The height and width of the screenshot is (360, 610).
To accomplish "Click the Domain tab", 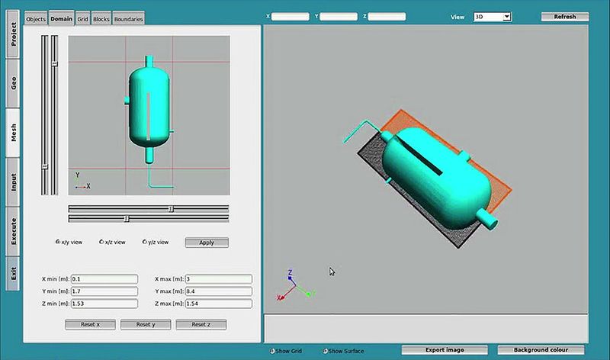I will [x=61, y=18].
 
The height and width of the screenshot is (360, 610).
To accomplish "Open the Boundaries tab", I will [x=128, y=18].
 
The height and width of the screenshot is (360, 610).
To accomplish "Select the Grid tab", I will [x=82, y=18].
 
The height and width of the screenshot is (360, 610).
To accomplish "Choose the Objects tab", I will [x=36, y=18].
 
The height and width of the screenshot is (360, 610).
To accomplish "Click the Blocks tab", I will [x=101, y=18].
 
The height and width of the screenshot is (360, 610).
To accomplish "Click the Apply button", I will [x=206, y=243].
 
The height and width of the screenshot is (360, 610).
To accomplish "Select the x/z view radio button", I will [x=101, y=242].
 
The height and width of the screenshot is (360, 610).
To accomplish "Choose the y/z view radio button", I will [x=144, y=242].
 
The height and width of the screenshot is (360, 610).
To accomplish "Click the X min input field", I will [x=104, y=279].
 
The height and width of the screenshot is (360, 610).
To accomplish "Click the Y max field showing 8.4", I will [x=218, y=291].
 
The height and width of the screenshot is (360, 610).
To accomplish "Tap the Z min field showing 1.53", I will [x=104, y=304].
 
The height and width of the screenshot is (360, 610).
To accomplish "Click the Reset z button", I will [x=201, y=324].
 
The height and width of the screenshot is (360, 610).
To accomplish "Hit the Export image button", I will [x=445, y=350].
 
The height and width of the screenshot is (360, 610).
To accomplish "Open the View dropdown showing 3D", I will [x=492, y=16].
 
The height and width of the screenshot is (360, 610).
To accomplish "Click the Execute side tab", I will [x=13, y=230].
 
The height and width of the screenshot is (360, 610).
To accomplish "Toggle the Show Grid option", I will [x=272, y=351].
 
